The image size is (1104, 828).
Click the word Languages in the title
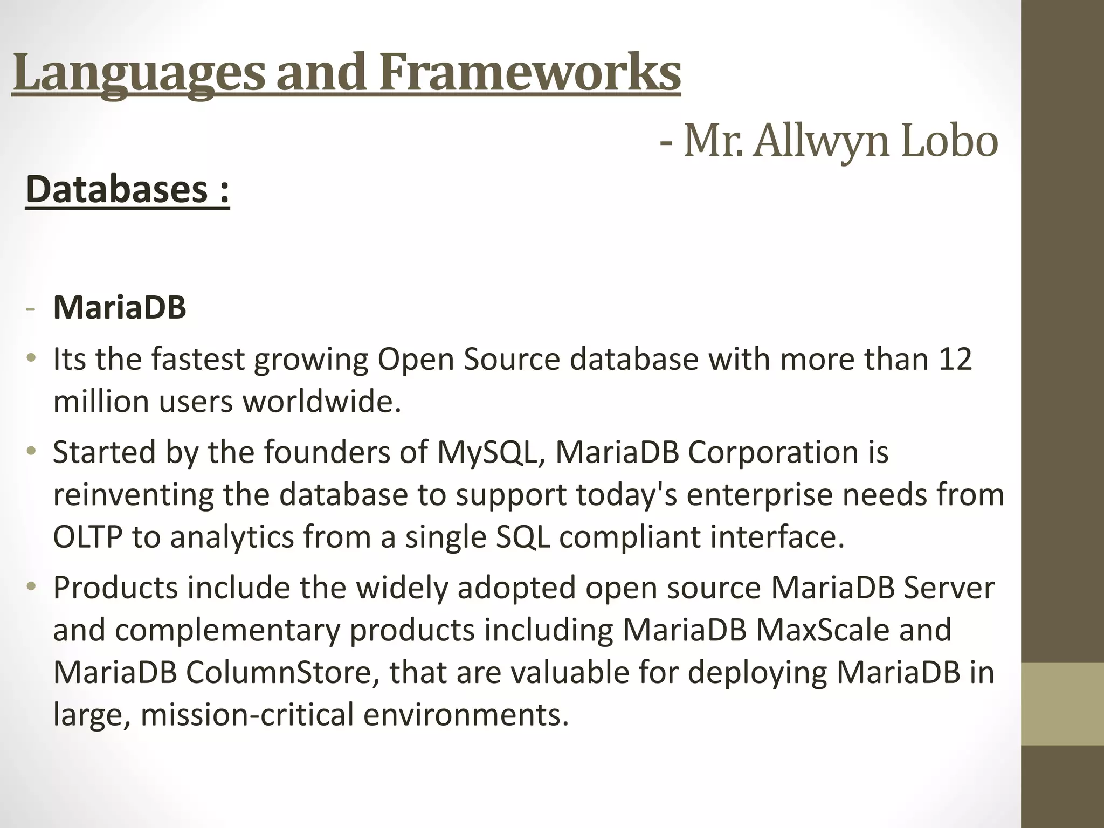tap(139, 73)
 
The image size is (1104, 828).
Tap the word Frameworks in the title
tap(530, 73)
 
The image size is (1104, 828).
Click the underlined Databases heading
tap(127, 190)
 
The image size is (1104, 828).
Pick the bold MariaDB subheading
tap(120, 308)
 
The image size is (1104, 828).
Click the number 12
tap(955, 359)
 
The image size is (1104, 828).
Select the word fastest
tap(198, 359)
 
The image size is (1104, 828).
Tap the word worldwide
tap(322, 402)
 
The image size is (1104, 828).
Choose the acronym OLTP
tap(88, 537)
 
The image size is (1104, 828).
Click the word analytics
tap(232, 537)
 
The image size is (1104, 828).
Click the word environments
tap(466, 715)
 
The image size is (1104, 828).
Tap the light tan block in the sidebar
tap(1062, 703)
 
